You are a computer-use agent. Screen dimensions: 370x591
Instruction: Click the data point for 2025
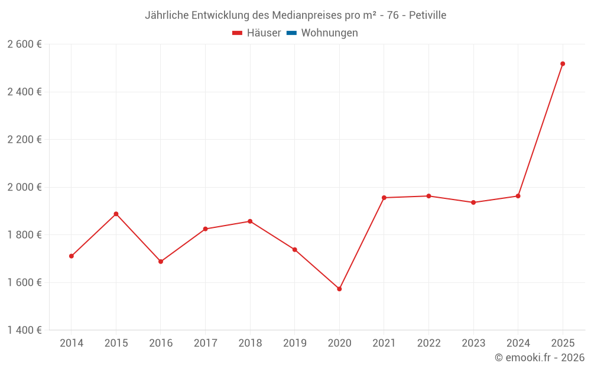tap(563, 64)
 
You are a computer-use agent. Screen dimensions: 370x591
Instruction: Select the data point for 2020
tap(339, 289)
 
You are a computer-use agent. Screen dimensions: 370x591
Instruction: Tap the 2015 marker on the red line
tap(116, 214)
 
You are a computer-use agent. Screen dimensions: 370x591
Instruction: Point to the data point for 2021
tap(384, 198)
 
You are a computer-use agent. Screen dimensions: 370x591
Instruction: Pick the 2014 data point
tap(72, 256)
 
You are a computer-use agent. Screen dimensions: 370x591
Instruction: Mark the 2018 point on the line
tap(250, 221)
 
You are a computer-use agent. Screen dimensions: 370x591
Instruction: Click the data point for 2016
tap(161, 262)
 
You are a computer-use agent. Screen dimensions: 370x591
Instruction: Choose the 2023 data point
tap(473, 202)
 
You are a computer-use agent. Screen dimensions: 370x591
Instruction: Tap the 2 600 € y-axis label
tap(24, 44)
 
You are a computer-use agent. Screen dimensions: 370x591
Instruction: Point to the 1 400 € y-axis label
tap(24, 330)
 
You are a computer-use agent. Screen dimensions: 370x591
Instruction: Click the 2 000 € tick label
tap(24, 187)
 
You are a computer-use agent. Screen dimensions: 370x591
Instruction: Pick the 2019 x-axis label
tap(294, 343)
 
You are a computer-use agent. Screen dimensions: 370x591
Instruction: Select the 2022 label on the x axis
tap(428, 343)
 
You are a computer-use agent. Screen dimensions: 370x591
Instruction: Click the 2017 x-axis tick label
tap(205, 343)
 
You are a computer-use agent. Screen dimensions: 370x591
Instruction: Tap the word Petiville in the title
tap(427, 15)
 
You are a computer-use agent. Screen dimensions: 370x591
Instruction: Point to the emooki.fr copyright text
tap(540, 358)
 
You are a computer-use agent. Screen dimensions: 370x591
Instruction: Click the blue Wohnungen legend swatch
tap(291, 33)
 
